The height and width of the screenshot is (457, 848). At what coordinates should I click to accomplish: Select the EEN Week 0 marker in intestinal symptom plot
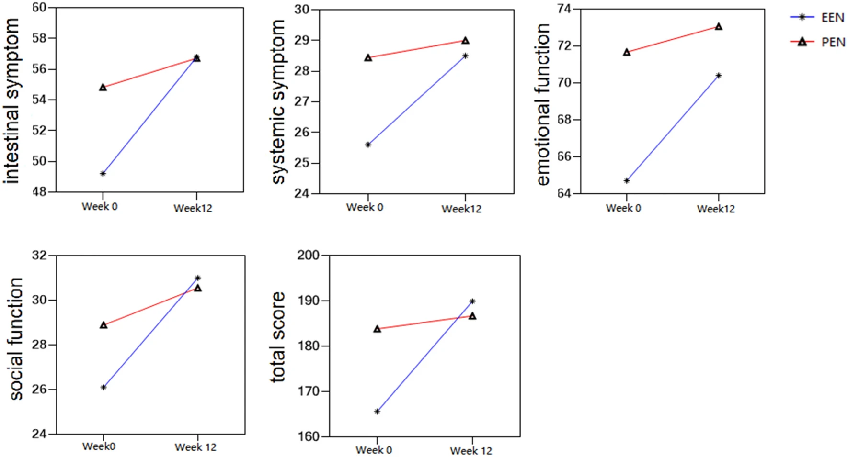pos(103,174)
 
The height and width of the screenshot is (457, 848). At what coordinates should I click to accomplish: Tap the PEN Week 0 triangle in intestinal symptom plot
pos(103,87)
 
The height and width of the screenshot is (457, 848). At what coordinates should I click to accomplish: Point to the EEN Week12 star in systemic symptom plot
pos(465,56)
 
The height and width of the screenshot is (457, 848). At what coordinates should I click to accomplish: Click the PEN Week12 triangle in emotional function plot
pos(719,26)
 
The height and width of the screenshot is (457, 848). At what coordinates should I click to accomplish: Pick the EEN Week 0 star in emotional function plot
pos(627,180)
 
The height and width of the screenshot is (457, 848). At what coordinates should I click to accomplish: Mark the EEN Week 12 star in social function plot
pos(198,278)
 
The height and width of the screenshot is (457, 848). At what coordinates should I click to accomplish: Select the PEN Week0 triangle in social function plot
pos(103,325)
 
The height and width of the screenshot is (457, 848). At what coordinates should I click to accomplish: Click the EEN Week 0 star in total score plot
pos(377,412)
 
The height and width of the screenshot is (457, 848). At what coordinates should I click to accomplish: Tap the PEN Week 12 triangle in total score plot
pos(472,316)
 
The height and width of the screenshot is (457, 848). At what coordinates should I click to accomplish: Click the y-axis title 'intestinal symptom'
pos(11,100)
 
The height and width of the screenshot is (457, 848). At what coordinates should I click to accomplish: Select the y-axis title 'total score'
pos(278,337)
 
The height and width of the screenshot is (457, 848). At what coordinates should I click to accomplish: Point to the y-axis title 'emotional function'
pos(543,104)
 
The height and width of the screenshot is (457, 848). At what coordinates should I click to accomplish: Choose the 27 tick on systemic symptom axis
pos(302,101)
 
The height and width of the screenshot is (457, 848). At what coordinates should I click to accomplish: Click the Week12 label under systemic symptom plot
pos(461,209)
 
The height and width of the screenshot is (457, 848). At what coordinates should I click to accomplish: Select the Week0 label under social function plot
pos(99,446)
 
